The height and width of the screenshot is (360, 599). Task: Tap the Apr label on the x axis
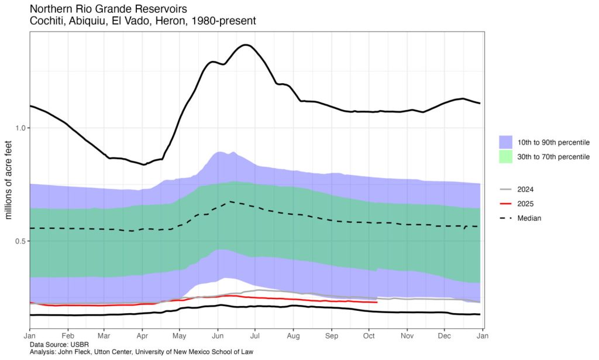(142, 337)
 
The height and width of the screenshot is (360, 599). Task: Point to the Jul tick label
(255, 337)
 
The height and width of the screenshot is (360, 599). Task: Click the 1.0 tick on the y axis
(19, 128)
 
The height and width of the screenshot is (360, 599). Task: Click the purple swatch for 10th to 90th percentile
(506, 142)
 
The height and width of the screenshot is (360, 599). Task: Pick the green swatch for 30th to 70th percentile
(506, 156)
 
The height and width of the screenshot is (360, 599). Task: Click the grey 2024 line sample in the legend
(506, 190)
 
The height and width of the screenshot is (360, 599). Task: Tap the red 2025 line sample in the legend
(506, 204)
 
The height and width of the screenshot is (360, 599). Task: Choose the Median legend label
(529, 218)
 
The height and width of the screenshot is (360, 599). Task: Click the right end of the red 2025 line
(376, 302)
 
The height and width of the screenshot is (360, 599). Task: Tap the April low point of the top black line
(143, 164)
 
